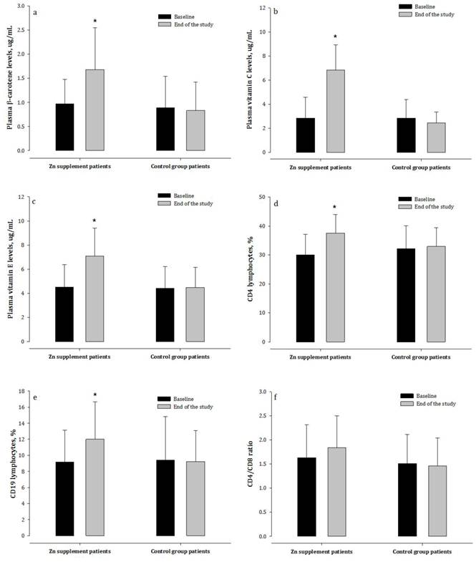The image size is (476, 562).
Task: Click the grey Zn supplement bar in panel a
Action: click(x=94, y=110)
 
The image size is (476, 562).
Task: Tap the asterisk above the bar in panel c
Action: click(x=94, y=221)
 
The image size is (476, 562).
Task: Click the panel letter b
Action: click(x=266, y=13)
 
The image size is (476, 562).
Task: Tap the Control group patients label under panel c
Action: click(x=180, y=355)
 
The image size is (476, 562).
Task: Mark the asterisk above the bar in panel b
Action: click(x=335, y=37)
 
